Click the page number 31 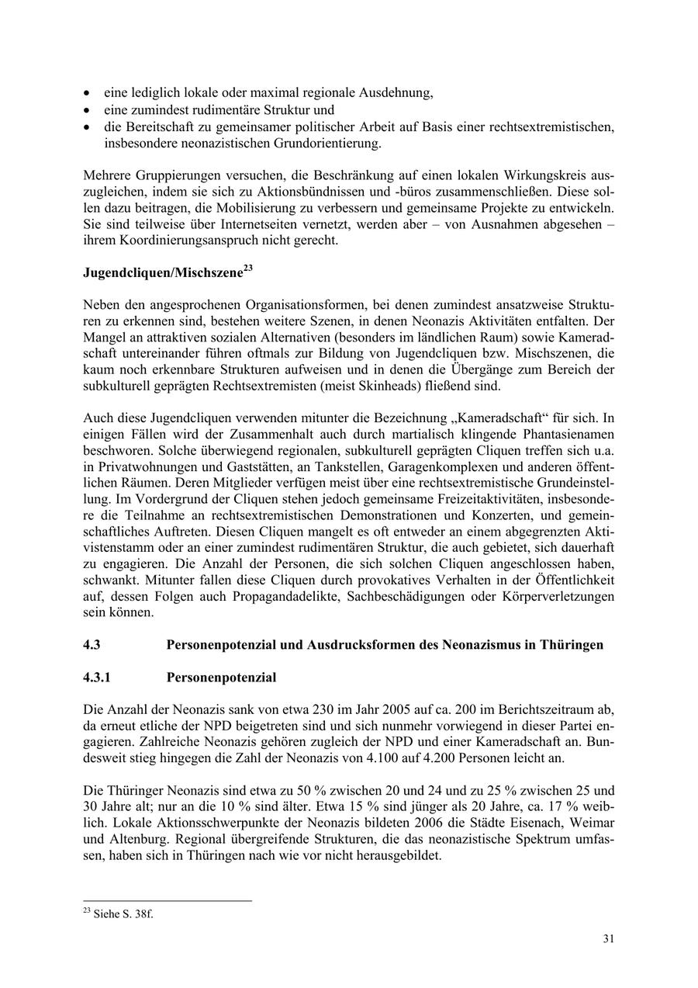tap(609, 938)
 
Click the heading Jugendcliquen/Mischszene tap(162, 273)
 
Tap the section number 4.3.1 tap(97, 678)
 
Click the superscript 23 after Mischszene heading tap(248, 269)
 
